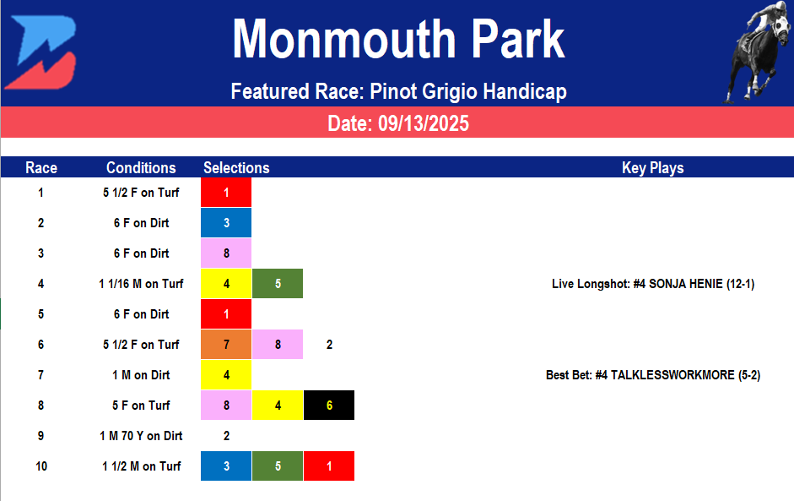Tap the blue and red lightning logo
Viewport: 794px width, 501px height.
pyautogui.click(x=40, y=52)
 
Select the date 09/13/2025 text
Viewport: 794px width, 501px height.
pyautogui.click(x=397, y=123)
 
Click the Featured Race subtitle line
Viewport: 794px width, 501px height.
pyautogui.click(x=397, y=91)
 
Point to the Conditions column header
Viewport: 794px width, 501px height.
pyautogui.click(x=141, y=167)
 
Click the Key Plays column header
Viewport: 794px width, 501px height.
pyautogui.click(x=652, y=167)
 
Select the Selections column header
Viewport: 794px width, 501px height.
pyautogui.click(x=236, y=167)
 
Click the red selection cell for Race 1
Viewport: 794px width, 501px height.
pyautogui.click(x=226, y=193)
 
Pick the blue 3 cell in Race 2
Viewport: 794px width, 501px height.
pyautogui.click(x=226, y=223)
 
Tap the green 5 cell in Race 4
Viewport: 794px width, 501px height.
pyautogui.click(x=278, y=284)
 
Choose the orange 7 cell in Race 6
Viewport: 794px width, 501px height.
pyautogui.click(x=226, y=345)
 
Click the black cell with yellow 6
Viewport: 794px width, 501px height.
pyautogui.click(x=329, y=406)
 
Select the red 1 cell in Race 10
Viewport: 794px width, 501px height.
pyautogui.click(x=329, y=466)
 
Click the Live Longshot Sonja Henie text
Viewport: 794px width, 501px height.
pyautogui.click(x=652, y=284)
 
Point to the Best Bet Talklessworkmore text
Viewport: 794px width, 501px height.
pyautogui.click(x=652, y=375)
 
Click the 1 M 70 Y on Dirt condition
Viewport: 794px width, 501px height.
pyautogui.click(x=141, y=436)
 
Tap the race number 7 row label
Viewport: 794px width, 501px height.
pyautogui.click(x=41, y=375)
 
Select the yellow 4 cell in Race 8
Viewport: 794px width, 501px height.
pyautogui.click(x=278, y=406)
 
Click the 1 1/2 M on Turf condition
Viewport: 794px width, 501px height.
pyautogui.click(x=141, y=466)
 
